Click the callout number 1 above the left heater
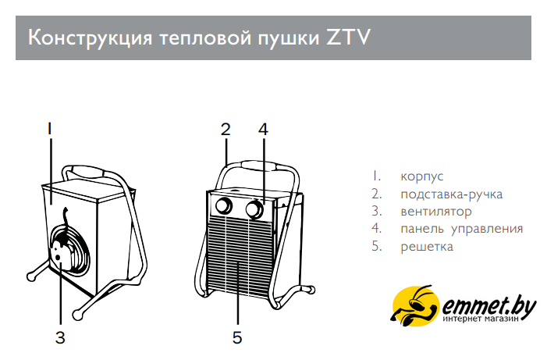coord(50,129)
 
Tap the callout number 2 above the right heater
coord(226,129)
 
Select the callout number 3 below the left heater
coord(60,337)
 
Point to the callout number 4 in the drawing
coord(264,129)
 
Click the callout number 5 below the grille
coord(237,337)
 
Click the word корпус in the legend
coord(422,176)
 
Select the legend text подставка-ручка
coord(452,194)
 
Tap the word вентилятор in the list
coord(436,212)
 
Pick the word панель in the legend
coord(422,229)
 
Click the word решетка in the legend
coord(427,247)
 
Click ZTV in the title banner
coord(348,37)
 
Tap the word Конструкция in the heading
coord(90,37)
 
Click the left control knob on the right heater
coord(224,206)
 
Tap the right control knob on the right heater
coord(254,209)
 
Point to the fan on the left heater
coord(69,248)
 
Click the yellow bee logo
coord(415,306)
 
